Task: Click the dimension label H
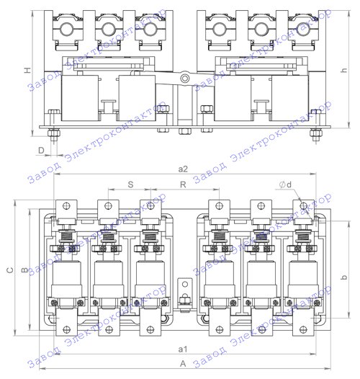pyautogui.click(x=29, y=70)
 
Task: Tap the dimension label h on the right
pyautogui.click(x=343, y=70)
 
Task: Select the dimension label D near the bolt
pyautogui.click(x=42, y=151)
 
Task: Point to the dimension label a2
pyautogui.click(x=183, y=169)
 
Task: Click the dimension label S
pyautogui.click(x=130, y=184)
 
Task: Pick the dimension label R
pyautogui.click(x=183, y=184)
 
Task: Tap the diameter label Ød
pyautogui.click(x=285, y=184)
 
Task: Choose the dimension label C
pyautogui.click(x=10, y=270)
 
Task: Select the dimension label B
pyautogui.click(x=24, y=270)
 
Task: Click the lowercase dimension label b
pyautogui.click(x=343, y=277)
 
